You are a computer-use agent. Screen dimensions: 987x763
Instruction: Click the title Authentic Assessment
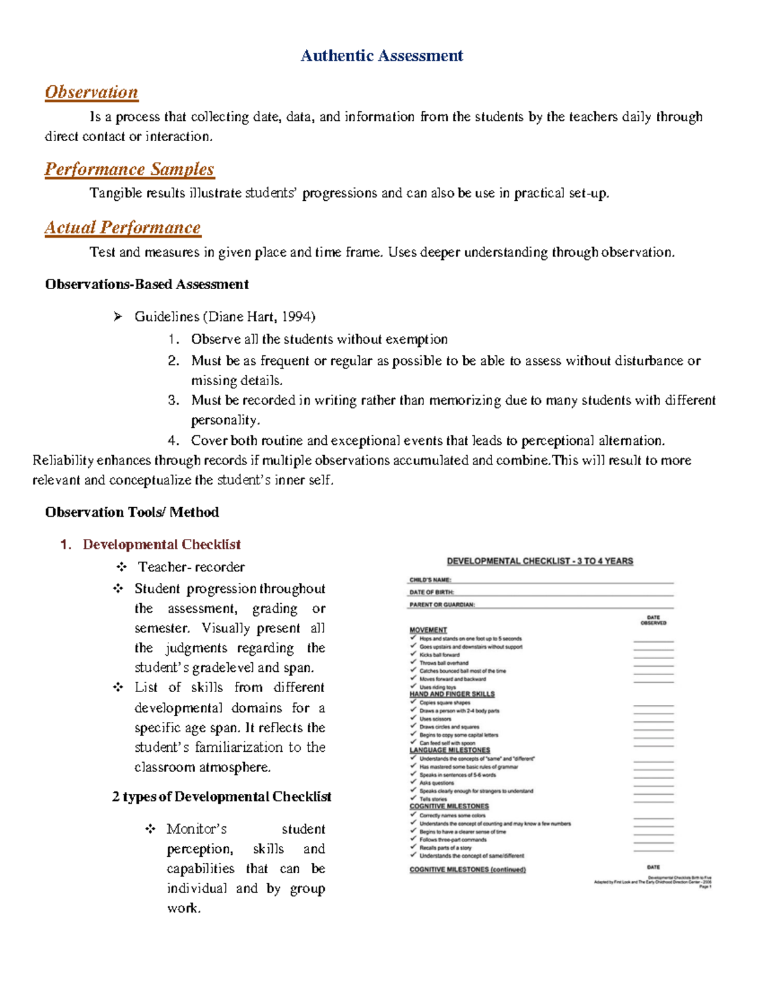point(381,56)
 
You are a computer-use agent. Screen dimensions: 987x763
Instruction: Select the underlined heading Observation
point(92,92)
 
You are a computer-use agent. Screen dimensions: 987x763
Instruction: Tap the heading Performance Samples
point(129,169)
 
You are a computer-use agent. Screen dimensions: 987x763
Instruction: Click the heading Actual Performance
point(123,228)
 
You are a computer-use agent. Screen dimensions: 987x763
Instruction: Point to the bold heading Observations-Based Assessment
point(147,284)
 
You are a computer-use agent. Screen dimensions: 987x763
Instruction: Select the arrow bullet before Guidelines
point(118,317)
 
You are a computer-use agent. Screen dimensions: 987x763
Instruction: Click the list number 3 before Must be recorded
point(174,400)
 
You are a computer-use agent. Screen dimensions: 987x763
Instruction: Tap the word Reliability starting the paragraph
point(63,460)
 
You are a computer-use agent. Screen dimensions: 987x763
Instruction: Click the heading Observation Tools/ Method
point(132,512)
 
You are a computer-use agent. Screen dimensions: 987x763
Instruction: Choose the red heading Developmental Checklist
point(162,545)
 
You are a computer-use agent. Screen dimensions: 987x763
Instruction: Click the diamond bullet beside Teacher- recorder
point(121,567)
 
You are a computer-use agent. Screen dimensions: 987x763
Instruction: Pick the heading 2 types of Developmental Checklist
point(221,797)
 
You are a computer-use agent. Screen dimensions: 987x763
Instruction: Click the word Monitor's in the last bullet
point(196,829)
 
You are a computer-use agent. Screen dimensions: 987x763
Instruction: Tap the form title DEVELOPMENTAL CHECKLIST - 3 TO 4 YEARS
point(540,561)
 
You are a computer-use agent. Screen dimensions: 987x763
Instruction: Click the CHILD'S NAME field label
point(430,580)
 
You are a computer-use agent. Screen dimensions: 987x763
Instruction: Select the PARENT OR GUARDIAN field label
point(442,605)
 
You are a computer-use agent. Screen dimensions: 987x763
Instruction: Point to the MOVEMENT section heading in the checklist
point(428,630)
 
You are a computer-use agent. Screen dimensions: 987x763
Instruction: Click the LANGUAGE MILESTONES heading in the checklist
point(450,750)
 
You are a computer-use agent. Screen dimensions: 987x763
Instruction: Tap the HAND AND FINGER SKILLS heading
point(451,694)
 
